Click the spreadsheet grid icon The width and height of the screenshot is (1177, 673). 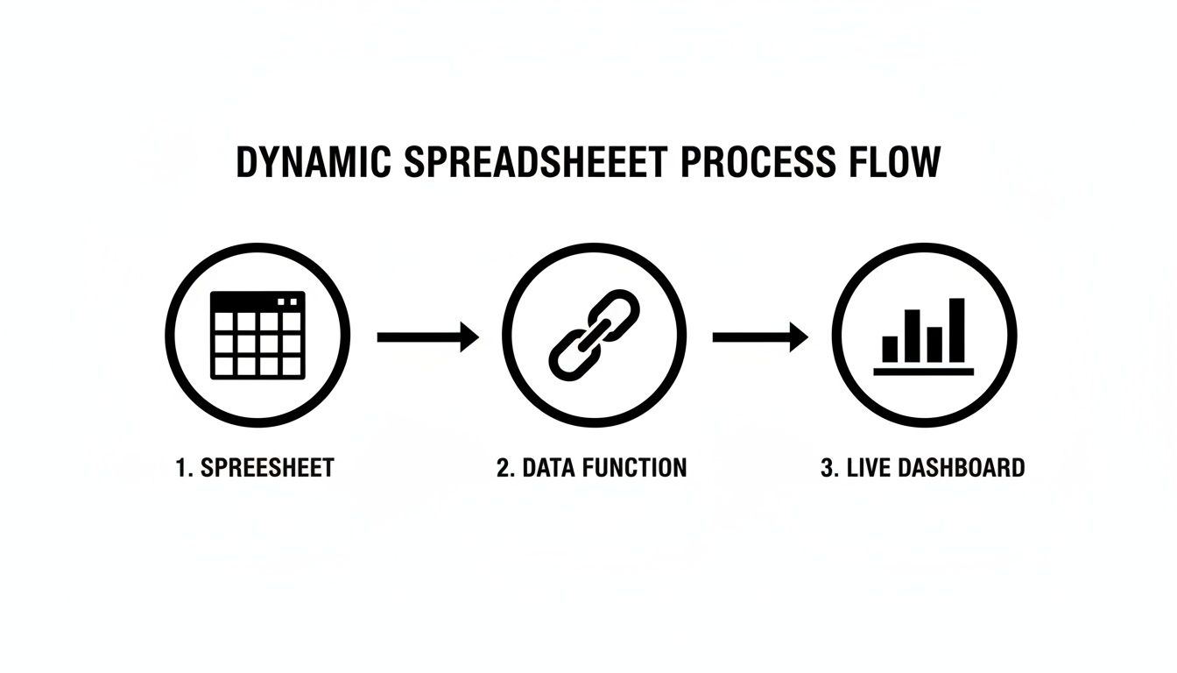[257, 335]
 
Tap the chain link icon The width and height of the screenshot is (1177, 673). [594, 335]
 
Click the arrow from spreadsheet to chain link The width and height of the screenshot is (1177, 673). [427, 336]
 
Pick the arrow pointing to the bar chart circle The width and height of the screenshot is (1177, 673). [760, 336]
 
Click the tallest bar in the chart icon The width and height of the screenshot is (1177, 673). [956, 329]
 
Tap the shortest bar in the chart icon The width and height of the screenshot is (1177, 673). [891, 349]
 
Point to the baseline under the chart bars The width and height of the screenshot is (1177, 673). [923, 372]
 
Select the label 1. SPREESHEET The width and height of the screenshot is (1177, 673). [255, 468]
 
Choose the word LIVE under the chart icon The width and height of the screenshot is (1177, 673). [867, 468]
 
